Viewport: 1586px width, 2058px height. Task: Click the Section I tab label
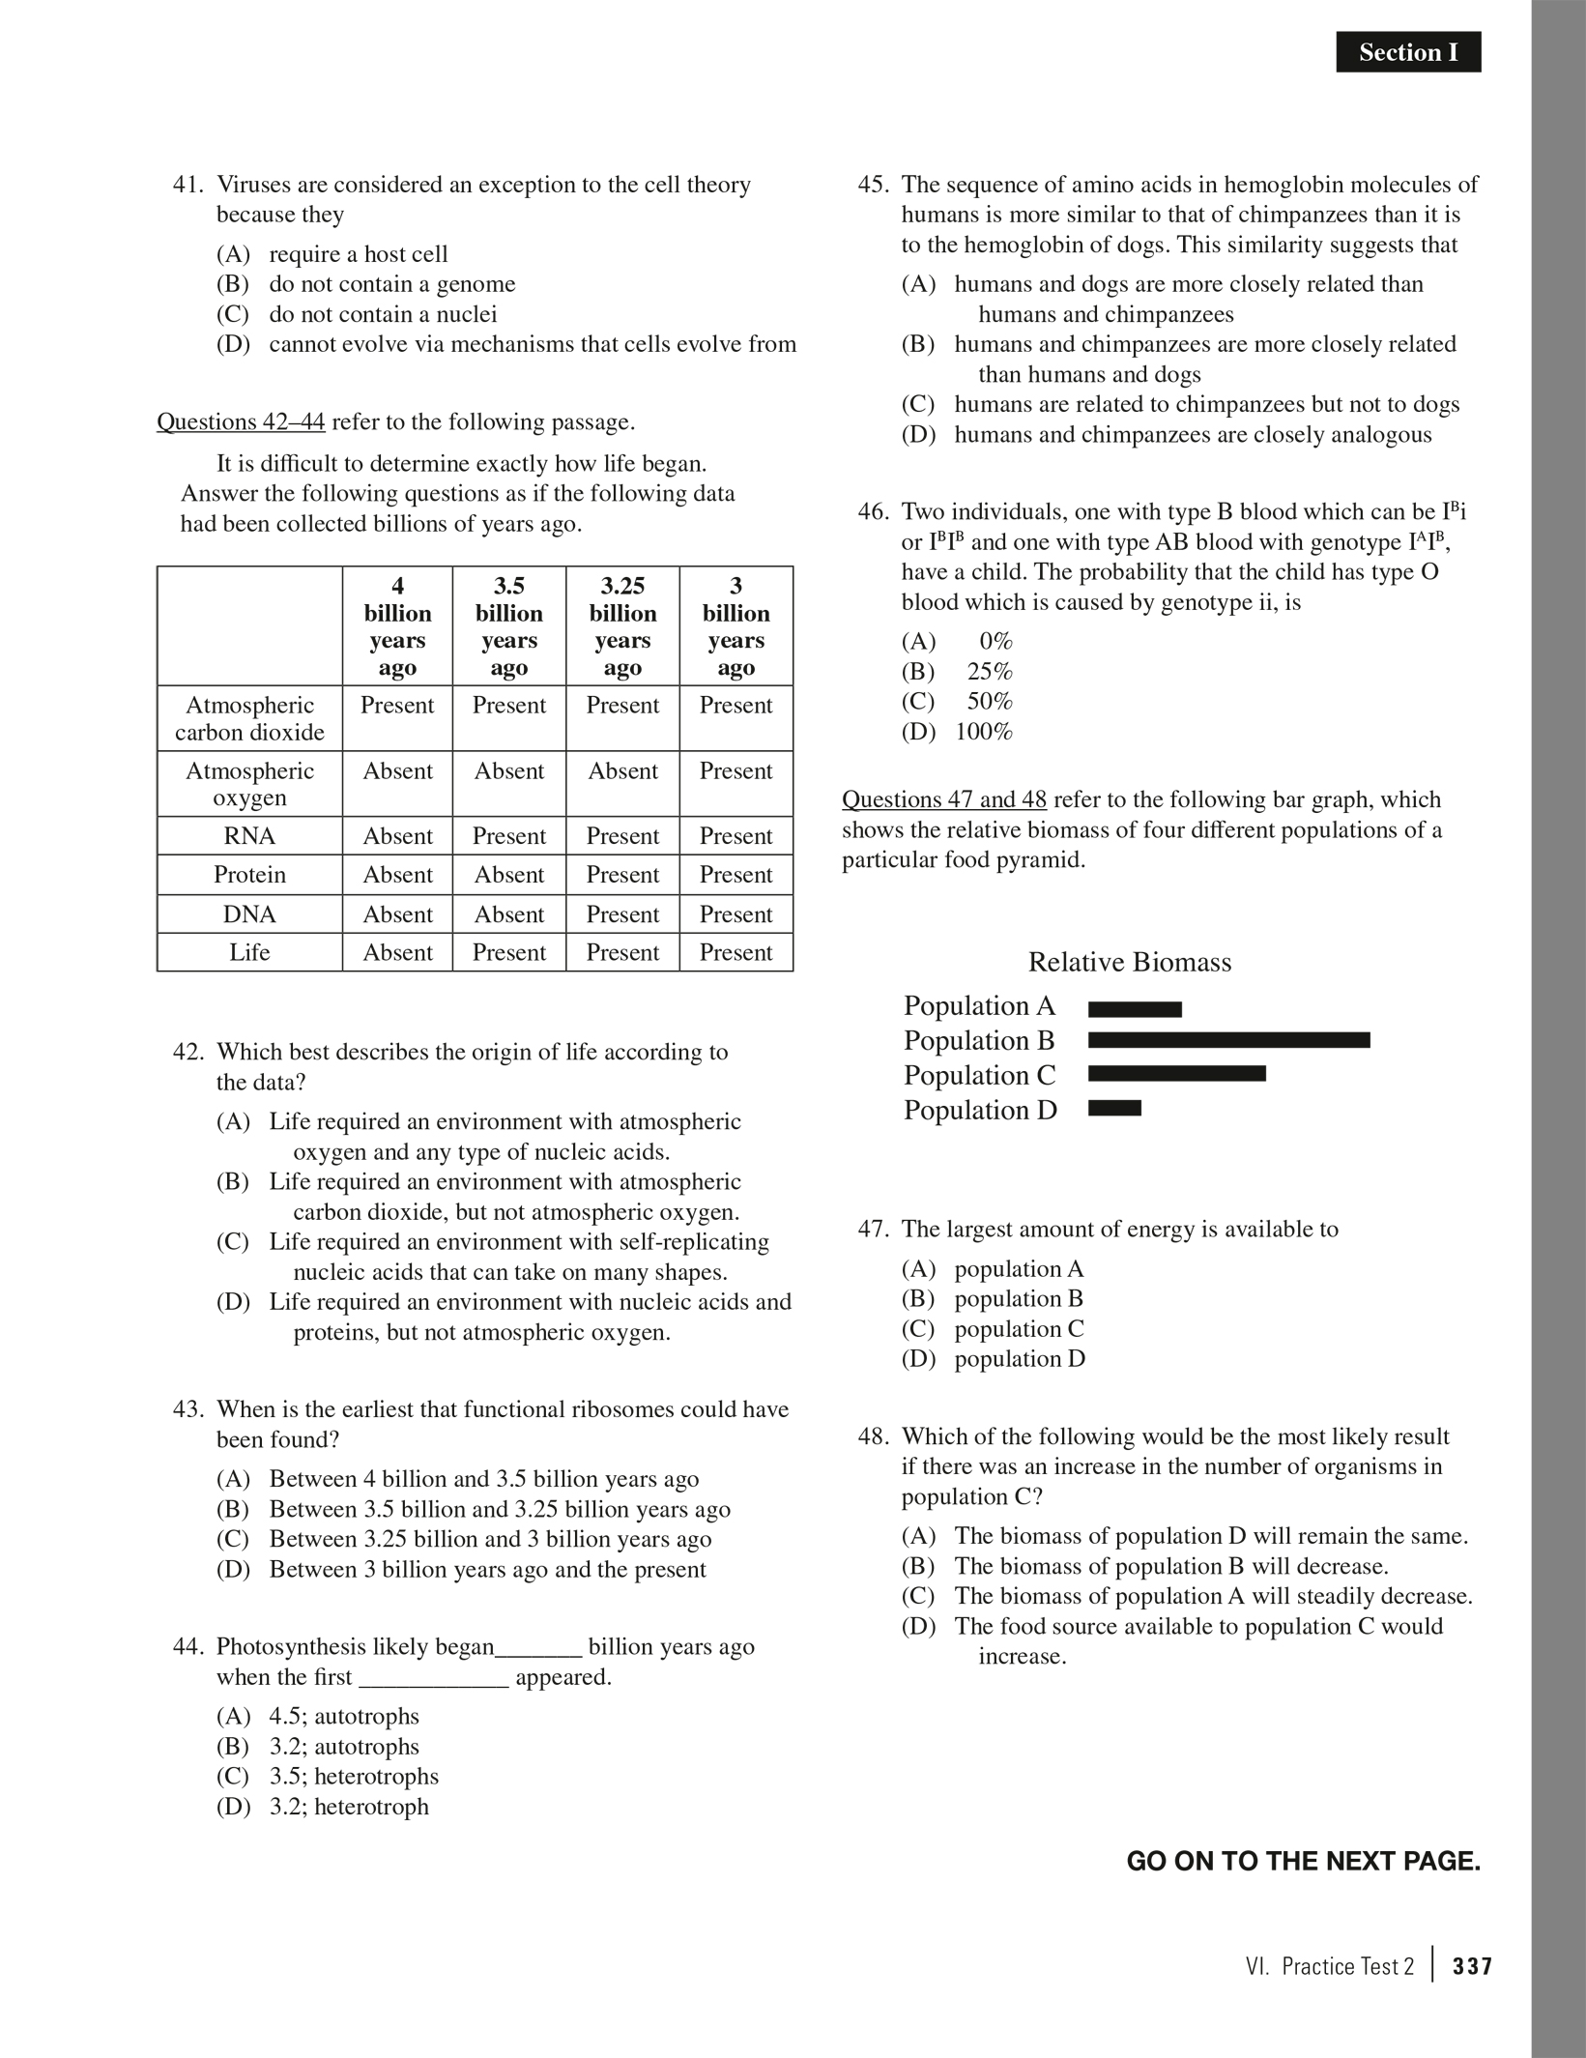click(1407, 52)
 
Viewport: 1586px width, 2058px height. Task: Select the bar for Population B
click(1228, 1040)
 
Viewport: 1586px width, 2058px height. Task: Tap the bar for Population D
click(1114, 1109)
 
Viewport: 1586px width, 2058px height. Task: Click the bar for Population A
click(1135, 1009)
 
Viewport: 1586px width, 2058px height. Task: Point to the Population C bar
click(1176, 1074)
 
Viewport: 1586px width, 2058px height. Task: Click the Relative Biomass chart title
click(1129, 962)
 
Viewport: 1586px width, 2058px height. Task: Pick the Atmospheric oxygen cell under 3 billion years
click(735, 771)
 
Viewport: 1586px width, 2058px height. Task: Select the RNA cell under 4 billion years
click(397, 836)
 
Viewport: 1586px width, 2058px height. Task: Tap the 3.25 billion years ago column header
click(622, 626)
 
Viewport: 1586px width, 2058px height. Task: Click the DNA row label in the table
click(249, 914)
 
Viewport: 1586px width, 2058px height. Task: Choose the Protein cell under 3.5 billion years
click(508, 875)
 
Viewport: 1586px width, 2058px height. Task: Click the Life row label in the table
click(249, 952)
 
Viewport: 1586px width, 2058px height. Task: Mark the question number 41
click(187, 185)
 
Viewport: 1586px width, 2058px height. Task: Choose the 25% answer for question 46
click(989, 672)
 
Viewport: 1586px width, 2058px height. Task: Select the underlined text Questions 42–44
click(241, 422)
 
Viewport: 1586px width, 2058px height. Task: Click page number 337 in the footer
click(1471, 1966)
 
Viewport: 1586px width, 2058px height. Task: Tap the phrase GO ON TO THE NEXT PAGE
click(1303, 1862)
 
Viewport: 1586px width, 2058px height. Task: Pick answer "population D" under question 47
click(1019, 1359)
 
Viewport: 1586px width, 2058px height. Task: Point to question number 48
click(872, 1436)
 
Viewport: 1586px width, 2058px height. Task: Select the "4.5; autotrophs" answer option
click(343, 1717)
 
